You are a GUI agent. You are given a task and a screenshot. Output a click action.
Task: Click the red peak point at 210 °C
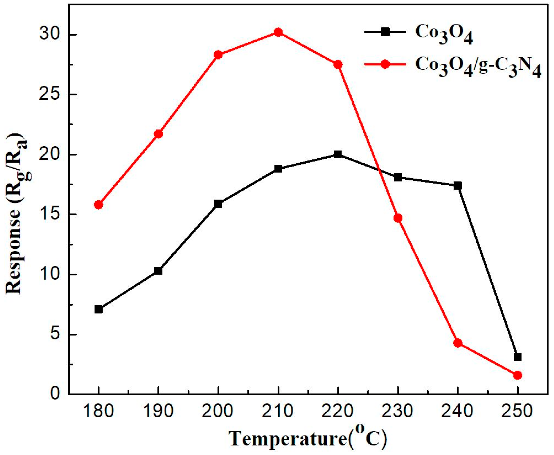[278, 32]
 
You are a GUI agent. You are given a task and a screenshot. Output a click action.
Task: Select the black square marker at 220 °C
[338, 154]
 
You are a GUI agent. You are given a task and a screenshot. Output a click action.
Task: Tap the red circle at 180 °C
[99, 205]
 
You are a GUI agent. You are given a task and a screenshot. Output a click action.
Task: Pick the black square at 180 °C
[99, 309]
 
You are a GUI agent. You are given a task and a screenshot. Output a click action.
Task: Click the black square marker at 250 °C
[517, 357]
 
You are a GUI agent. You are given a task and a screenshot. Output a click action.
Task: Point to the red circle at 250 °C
[517, 375]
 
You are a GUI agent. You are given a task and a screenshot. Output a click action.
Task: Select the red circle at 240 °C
[458, 343]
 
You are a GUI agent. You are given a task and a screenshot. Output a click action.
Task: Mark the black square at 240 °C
[458, 186]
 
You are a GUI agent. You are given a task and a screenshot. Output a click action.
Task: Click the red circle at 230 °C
[398, 218]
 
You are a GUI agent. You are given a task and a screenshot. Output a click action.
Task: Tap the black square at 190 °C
[158, 271]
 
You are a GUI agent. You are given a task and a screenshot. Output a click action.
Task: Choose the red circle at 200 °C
[218, 55]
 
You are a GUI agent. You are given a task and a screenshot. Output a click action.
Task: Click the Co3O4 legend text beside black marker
[444, 34]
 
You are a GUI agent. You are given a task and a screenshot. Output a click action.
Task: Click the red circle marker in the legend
[385, 64]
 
